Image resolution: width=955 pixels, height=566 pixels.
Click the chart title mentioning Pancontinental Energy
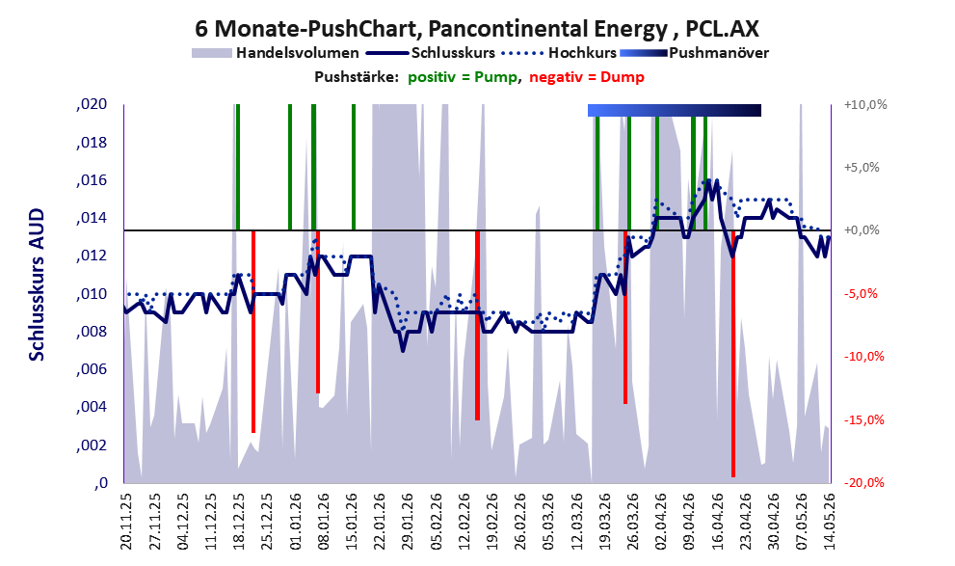coord(477,28)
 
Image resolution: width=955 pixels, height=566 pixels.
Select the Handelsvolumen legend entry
coord(276,53)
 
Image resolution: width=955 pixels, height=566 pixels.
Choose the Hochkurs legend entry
coord(559,53)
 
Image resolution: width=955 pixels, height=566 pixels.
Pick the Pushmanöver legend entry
coord(694,53)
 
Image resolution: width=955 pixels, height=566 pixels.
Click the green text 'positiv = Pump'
coord(462,77)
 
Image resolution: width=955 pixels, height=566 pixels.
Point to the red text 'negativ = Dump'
coord(587,77)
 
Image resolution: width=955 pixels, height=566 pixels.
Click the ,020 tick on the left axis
coord(92,105)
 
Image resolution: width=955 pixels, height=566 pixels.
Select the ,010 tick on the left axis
coord(92,294)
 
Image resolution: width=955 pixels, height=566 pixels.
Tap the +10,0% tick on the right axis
coord(865,105)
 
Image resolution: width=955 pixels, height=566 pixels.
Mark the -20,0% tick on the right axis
coord(863,482)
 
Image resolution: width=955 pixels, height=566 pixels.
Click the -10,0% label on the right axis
coord(863,357)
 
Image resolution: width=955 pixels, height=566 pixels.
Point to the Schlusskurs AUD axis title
coord(38,284)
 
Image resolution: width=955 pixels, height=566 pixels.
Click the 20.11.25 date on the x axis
coord(126,522)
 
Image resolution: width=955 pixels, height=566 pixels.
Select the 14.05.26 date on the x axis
coord(829,522)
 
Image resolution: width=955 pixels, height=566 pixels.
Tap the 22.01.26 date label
coord(380,522)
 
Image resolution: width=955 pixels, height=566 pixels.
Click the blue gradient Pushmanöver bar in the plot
coord(675,110)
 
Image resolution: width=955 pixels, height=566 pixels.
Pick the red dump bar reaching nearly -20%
coord(733,353)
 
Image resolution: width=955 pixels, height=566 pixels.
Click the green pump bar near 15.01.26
coord(354,168)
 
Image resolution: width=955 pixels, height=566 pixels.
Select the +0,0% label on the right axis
coord(862,230)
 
